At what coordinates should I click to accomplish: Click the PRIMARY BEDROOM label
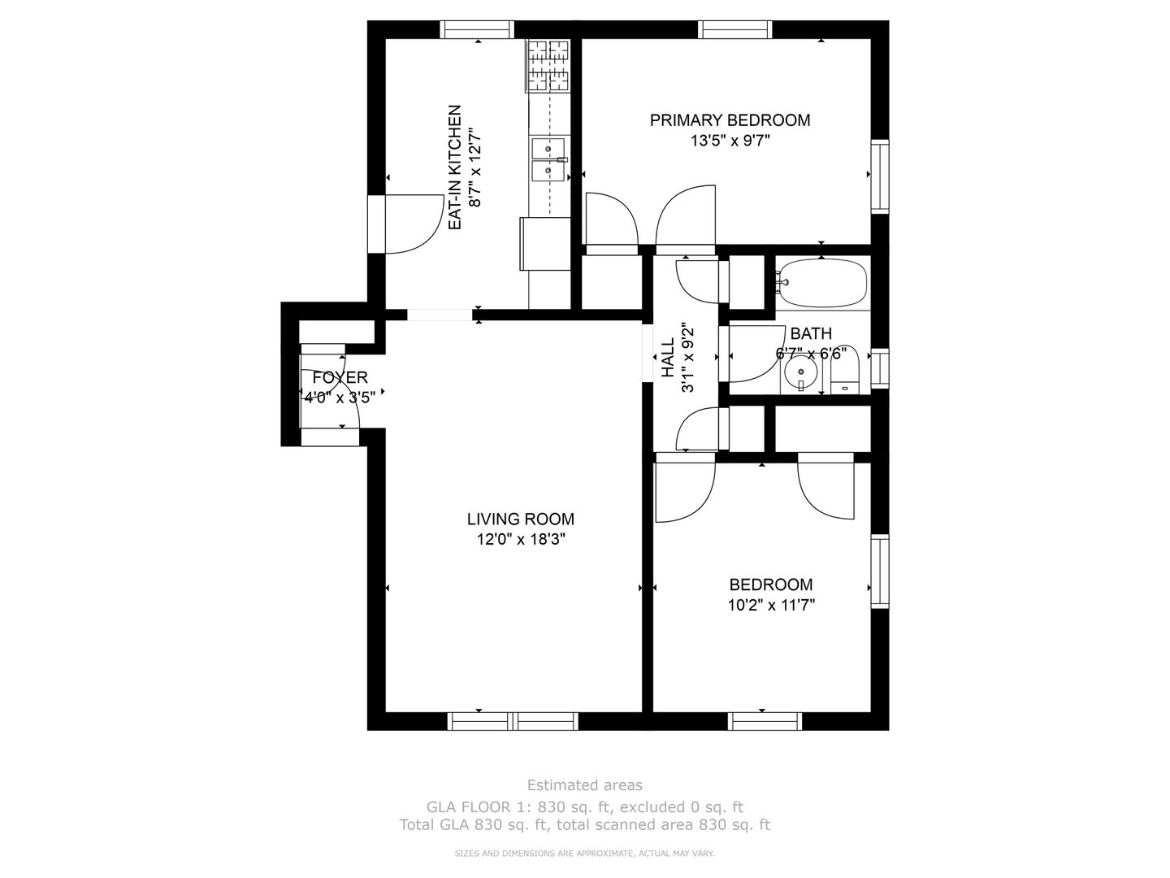(x=730, y=120)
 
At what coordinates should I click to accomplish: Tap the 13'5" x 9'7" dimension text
(x=730, y=141)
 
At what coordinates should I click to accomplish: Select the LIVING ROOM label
(x=520, y=519)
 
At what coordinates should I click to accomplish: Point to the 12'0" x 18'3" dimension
(x=520, y=540)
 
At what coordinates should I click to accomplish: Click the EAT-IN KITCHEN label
(x=454, y=167)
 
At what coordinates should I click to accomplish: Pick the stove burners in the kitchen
(x=548, y=66)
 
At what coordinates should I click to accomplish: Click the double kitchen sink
(x=548, y=159)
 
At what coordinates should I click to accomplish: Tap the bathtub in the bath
(x=821, y=283)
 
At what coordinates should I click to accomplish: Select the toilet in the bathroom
(x=845, y=370)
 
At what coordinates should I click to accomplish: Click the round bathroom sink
(x=800, y=372)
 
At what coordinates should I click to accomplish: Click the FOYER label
(x=340, y=377)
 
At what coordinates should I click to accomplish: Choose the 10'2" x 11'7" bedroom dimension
(x=771, y=605)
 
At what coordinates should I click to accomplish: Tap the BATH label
(x=810, y=333)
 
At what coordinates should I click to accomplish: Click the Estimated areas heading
(x=585, y=785)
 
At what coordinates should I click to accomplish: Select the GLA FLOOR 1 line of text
(x=585, y=807)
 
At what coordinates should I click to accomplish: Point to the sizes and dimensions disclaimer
(x=584, y=854)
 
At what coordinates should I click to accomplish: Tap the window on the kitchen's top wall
(x=478, y=29)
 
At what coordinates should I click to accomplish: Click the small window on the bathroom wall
(x=880, y=368)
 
